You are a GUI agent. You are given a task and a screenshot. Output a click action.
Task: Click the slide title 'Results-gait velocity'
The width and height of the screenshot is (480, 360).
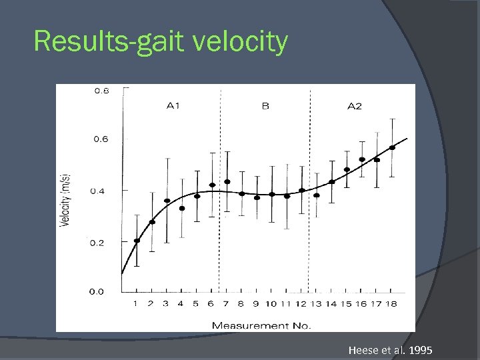(161, 41)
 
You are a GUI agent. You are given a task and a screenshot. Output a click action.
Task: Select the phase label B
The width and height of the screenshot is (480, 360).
(265, 106)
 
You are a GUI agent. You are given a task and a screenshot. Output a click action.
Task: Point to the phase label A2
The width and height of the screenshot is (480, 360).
(355, 107)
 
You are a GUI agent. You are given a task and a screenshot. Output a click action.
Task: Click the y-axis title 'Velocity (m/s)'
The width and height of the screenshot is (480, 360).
(66, 200)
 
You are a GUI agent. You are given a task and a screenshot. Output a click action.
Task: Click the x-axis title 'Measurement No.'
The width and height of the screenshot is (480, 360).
(261, 325)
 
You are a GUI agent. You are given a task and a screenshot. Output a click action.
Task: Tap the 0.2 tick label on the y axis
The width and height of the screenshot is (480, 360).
(97, 243)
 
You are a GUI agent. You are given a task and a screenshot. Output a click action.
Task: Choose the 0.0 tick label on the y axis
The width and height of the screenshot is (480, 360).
(97, 291)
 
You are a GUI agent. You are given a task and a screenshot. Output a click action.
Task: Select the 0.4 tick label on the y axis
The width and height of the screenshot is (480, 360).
(97, 191)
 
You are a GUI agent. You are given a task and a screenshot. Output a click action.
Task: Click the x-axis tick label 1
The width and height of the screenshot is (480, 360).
(135, 304)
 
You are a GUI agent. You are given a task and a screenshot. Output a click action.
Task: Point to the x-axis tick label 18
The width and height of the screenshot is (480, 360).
(391, 304)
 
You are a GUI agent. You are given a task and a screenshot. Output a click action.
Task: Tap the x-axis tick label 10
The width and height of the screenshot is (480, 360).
(271, 304)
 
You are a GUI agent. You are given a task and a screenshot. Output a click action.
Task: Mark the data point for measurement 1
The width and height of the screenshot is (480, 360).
(137, 241)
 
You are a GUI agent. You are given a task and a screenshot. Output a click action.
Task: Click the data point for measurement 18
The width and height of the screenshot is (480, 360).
(392, 147)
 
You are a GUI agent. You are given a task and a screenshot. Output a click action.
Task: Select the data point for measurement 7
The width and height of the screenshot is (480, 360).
(227, 181)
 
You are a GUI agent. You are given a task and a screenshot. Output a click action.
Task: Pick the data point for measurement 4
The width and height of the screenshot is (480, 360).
(182, 208)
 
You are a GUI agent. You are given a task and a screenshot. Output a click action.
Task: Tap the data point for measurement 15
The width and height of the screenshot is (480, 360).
(347, 169)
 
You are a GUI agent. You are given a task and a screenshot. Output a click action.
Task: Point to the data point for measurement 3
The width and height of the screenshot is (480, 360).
(167, 201)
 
